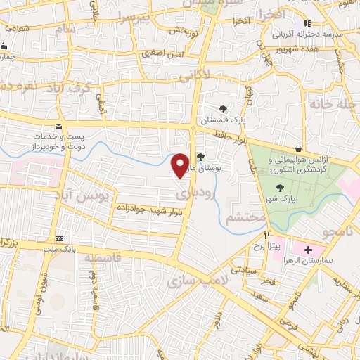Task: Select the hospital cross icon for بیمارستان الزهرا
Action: click(307, 250)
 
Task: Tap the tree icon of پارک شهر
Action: click(281, 188)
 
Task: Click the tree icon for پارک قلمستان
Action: click(223, 109)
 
